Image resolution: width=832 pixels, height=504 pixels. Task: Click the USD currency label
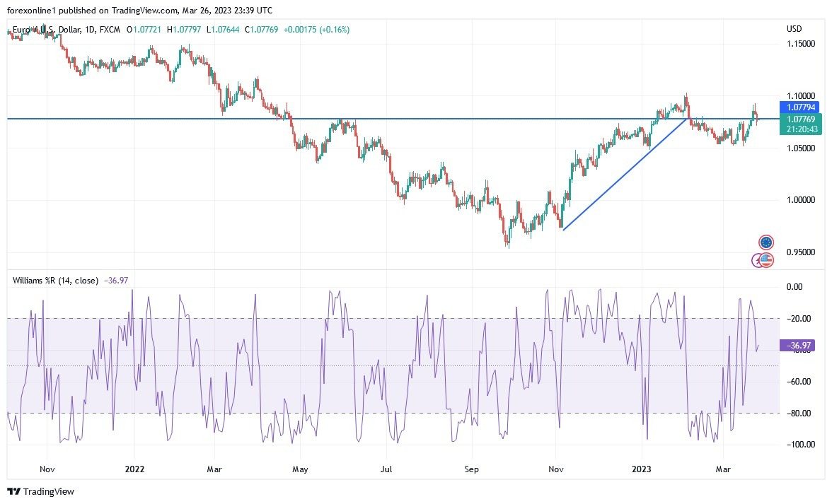[795, 29]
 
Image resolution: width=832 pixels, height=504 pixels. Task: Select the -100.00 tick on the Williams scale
[799, 445]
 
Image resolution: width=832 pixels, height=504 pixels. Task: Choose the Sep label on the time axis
[472, 469]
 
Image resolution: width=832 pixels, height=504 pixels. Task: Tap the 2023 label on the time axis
[642, 469]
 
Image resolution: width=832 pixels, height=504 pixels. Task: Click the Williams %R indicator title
[55, 281]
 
